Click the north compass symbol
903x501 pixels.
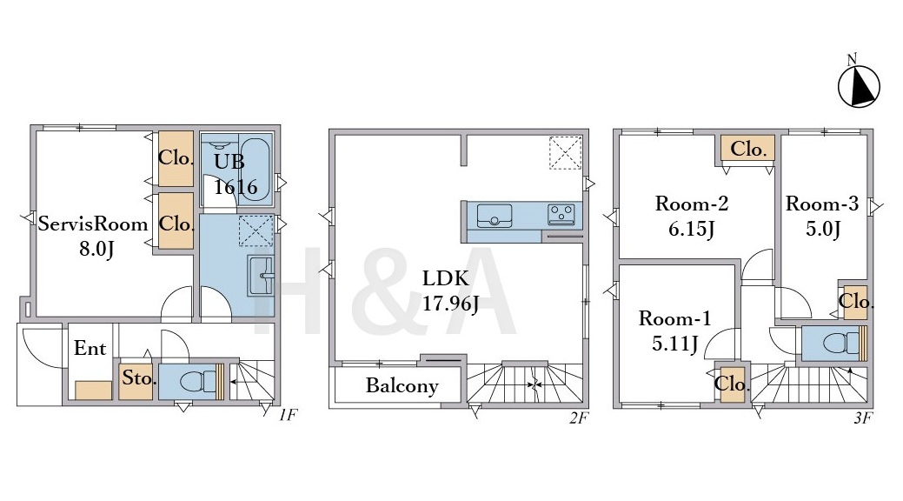click(x=858, y=86)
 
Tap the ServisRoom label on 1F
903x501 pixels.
click(x=93, y=224)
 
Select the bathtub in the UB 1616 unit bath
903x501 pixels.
click(x=255, y=170)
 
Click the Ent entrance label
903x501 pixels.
click(x=90, y=348)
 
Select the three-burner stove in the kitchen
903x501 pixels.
click(x=561, y=215)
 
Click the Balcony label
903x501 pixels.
click(x=402, y=385)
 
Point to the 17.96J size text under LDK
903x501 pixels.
click(x=450, y=304)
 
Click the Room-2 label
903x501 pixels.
click(x=692, y=204)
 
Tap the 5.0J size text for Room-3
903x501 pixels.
click(x=823, y=229)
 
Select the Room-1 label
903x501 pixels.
click(x=674, y=318)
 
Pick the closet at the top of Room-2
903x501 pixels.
click(x=748, y=150)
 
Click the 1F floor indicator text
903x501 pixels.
click(x=288, y=415)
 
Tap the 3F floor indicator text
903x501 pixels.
click(x=862, y=418)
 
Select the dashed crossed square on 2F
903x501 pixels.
click(x=565, y=153)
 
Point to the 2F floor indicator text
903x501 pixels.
click(x=578, y=418)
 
